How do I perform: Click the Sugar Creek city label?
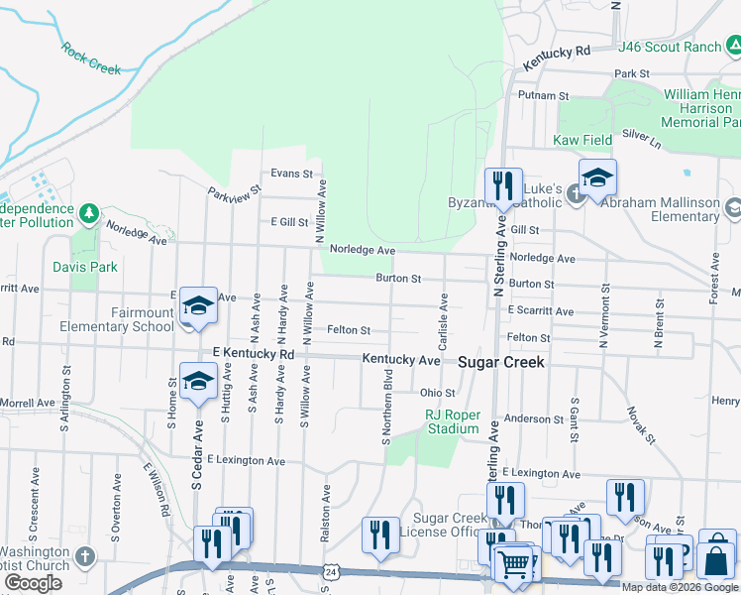click(x=500, y=363)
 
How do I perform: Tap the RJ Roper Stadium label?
click(x=453, y=421)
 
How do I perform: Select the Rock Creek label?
click(x=90, y=58)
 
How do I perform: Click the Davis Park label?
click(x=92, y=267)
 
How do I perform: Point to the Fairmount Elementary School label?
click(x=116, y=319)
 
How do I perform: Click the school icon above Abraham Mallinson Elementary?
click(x=597, y=178)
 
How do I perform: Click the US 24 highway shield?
click(x=331, y=571)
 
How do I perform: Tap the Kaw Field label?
click(x=582, y=141)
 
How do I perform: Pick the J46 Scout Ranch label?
click(x=670, y=47)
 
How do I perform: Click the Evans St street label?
click(x=291, y=174)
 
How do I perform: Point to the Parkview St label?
click(x=234, y=189)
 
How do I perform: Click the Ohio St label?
click(x=436, y=393)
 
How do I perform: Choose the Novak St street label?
click(x=641, y=424)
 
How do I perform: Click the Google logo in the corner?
click(x=33, y=583)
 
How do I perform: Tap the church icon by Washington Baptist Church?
click(x=85, y=555)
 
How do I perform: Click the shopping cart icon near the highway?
click(x=513, y=564)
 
